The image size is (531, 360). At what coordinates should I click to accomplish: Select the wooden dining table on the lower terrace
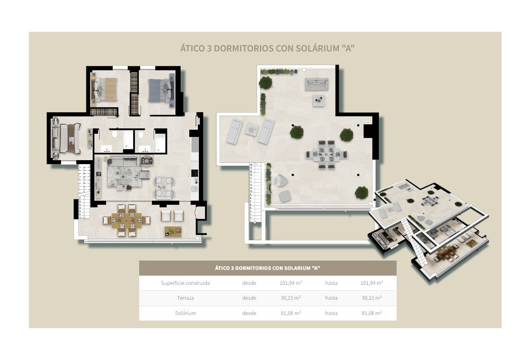tap(126, 220)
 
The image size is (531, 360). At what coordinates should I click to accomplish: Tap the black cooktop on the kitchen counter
tap(195, 173)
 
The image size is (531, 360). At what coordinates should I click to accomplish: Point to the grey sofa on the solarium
tap(316, 84)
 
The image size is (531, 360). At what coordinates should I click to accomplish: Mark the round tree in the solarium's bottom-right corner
tap(361, 193)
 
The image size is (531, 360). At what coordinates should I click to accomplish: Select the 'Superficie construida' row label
tap(185, 283)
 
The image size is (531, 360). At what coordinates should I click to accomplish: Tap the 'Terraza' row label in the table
tap(185, 298)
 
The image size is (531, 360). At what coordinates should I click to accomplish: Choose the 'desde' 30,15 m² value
tap(290, 298)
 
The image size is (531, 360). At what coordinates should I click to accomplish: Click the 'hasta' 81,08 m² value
tap(371, 313)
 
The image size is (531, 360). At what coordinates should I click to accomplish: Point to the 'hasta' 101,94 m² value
tap(371, 283)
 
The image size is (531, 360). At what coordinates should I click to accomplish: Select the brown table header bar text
tap(268, 268)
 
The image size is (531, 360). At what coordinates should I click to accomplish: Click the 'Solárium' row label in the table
tap(185, 313)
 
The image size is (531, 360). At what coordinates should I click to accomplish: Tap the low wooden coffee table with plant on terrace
tap(173, 231)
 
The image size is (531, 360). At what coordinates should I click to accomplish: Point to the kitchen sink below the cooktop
tap(195, 189)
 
